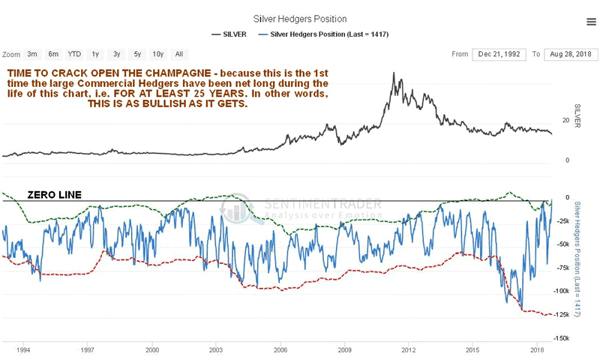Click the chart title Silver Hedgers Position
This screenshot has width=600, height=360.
[x=300, y=17]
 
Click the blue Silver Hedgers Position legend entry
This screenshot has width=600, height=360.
[x=323, y=34]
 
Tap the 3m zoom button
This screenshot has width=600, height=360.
[x=32, y=54]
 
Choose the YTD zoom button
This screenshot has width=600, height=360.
[x=74, y=54]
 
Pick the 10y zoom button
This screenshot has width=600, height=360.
[x=158, y=54]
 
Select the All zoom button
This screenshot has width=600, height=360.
[x=179, y=54]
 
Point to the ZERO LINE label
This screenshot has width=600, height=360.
[x=55, y=194]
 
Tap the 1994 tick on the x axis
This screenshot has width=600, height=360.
[x=23, y=350]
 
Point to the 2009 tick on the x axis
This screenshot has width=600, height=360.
[x=344, y=350]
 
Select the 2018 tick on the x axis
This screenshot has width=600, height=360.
[x=536, y=350]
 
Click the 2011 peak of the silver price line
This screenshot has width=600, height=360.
[x=394, y=73]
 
